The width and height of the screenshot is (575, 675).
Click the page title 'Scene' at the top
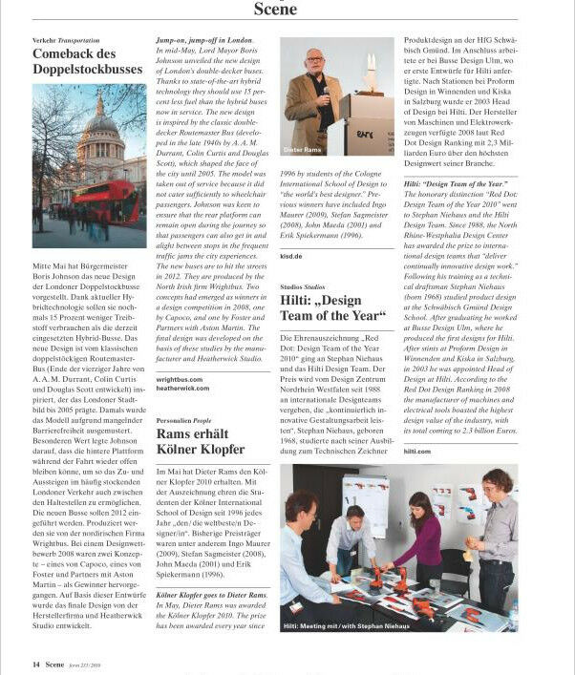pyautogui.click(x=275, y=10)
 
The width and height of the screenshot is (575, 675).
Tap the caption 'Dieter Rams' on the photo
pyautogui.click(x=303, y=150)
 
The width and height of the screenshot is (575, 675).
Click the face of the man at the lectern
pyautogui.click(x=314, y=65)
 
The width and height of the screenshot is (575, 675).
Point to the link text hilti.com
pyautogui.click(x=417, y=452)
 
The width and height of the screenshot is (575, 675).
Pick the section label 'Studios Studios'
pyautogui.click(x=303, y=285)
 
